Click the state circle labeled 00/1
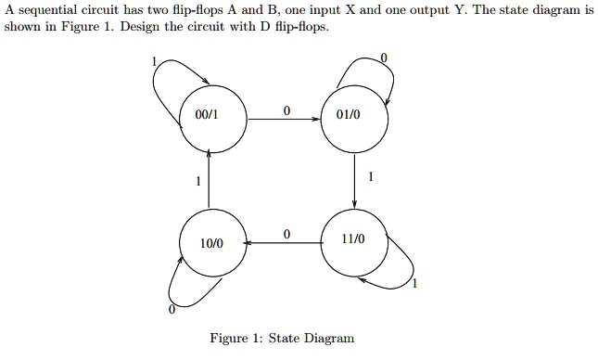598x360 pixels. [x=212, y=118]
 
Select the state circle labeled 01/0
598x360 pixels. [x=354, y=118]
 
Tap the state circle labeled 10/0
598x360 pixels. [x=212, y=242]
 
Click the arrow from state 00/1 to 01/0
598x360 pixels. [x=283, y=120]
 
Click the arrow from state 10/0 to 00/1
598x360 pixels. [x=210, y=180]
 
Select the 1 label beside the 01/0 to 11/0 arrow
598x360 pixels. [x=371, y=175]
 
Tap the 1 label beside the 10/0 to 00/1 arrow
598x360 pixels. [x=197, y=182]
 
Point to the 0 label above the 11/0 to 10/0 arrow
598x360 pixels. [x=286, y=234]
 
